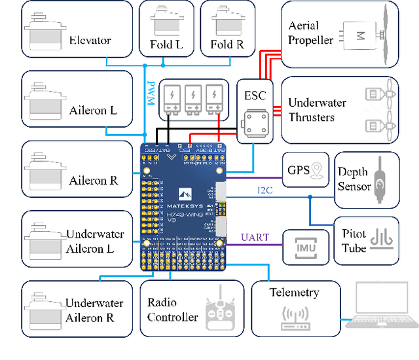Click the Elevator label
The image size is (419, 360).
90,41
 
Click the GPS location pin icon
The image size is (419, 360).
318,170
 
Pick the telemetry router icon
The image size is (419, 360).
295,317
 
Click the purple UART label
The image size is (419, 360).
255,237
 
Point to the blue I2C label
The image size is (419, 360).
264,190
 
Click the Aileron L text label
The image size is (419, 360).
93,110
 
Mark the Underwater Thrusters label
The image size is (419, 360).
317,110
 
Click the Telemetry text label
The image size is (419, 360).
295,293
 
